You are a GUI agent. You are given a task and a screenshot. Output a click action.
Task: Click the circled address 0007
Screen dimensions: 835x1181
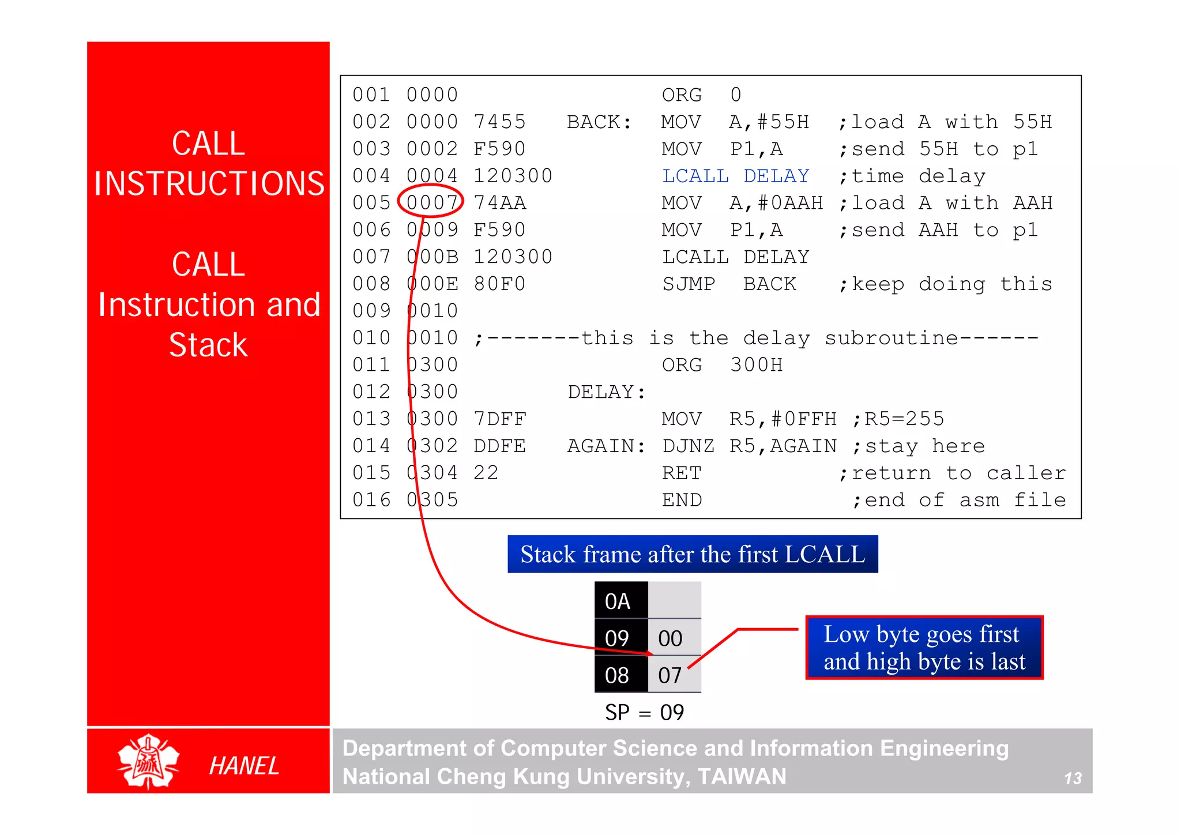pyautogui.click(x=431, y=203)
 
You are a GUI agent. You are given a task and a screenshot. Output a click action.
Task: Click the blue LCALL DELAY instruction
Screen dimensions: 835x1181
pyautogui.click(x=735, y=176)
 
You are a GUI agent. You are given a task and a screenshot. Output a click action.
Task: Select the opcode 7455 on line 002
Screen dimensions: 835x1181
pyautogui.click(x=499, y=122)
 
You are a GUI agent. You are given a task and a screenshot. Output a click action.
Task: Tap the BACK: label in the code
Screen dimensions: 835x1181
pyautogui.click(x=599, y=122)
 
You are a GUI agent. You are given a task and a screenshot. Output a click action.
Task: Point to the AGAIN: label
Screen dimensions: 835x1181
pyautogui.click(x=606, y=446)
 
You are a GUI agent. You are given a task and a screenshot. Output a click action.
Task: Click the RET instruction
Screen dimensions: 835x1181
pyautogui.click(x=681, y=473)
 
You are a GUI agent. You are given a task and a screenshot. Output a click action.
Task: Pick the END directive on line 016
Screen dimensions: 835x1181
pyautogui.click(x=681, y=500)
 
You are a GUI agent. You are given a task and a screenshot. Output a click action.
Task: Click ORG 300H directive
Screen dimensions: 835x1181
pyautogui.click(x=721, y=365)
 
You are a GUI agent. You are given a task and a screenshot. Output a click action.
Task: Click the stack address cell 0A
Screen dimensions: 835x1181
pyautogui.click(x=618, y=601)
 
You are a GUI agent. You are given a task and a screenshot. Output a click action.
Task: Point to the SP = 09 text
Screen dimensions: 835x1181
pyautogui.click(x=644, y=713)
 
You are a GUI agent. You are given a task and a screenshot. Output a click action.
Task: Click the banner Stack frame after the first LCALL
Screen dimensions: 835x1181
pyautogui.click(x=692, y=554)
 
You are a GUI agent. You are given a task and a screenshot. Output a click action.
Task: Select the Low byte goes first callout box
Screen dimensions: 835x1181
pyautogui.click(x=924, y=648)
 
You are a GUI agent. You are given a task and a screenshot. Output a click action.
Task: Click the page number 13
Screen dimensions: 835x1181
pyautogui.click(x=1073, y=778)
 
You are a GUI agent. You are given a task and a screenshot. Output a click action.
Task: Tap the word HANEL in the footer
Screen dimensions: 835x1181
pyautogui.click(x=244, y=766)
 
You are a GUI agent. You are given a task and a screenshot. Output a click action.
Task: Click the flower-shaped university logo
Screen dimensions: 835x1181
pyautogui.click(x=148, y=762)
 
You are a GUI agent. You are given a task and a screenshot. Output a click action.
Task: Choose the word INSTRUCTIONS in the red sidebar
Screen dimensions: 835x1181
pyautogui.click(x=209, y=184)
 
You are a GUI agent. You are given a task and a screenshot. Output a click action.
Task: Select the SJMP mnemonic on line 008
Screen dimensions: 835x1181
pyautogui.click(x=688, y=284)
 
